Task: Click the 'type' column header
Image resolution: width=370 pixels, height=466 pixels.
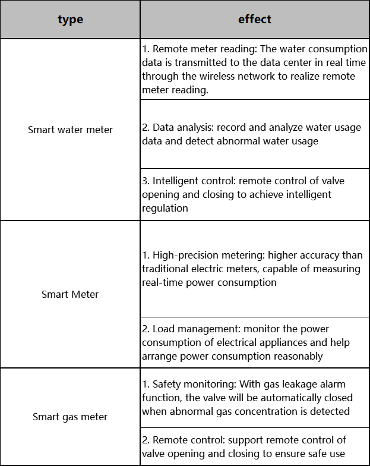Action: click(x=70, y=20)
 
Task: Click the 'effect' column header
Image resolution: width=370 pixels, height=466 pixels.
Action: click(x=255, y=19)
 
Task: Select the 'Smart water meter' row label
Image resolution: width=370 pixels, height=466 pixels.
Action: click(x=70, y=130)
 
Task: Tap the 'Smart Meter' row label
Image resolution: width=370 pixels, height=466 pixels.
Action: click(x=70, y=294)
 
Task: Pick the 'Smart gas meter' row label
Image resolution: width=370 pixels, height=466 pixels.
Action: click(x=70, y=417)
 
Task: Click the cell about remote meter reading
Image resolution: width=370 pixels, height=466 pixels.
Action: click(x=255, y=70)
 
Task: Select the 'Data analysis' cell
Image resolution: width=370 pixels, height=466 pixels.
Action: click(x=255, y=134)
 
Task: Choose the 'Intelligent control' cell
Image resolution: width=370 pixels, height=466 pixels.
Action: click(x=255, y=194)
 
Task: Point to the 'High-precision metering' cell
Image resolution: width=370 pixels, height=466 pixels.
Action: click(x=255, y=269)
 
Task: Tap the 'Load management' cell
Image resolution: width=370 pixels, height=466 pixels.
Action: click(x=255, y=342)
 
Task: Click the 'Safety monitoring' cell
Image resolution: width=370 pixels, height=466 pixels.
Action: click(x=255, y=398)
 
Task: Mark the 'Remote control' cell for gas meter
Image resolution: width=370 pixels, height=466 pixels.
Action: click(x=255, y=446)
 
